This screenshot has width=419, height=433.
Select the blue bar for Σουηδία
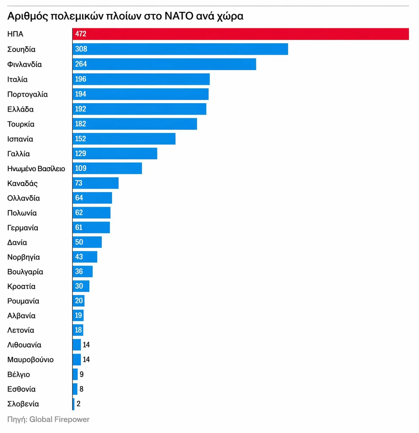[x=180, y=49]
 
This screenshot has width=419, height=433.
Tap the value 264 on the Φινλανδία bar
[x=81, y=64]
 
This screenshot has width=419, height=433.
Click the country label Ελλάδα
[x=20, y=109]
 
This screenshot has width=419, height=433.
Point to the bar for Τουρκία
[x=135, y=124]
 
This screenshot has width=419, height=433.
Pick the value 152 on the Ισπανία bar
[x=80, y=139]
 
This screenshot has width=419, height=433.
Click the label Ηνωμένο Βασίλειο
[x=36, y=168]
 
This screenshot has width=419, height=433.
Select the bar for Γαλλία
[x=115, y=153]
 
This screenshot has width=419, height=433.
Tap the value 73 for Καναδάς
[x=79, y=183]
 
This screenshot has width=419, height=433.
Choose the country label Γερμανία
[x=23, y=227]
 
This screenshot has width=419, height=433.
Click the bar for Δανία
[x=87, y=242]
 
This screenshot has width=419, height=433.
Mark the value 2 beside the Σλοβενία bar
[x=78, y=404]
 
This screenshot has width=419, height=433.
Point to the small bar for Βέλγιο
[x=75, y=374]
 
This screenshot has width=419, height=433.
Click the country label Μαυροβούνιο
[x=30, y=359]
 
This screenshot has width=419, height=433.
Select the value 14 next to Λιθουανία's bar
[x=86, y=345]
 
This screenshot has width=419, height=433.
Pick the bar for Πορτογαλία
[x=141, y=94]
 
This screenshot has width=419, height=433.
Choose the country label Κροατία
[x=22, y=286]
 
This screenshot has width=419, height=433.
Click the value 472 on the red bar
[x=80, y=34]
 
